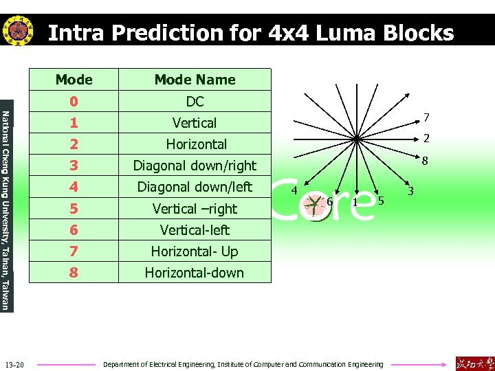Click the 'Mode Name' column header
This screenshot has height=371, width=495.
[195, 80]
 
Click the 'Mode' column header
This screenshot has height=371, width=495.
[74, 80]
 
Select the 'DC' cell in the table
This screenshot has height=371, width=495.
[195, 102]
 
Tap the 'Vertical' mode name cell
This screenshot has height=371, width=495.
[195, 123]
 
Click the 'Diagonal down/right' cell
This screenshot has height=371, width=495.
[195, 166]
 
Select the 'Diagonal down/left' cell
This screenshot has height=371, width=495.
[195, 187]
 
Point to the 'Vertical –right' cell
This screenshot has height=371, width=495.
[195, 209]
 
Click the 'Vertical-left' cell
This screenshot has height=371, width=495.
[195, 230]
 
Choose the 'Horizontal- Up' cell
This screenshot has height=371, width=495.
[195, 251]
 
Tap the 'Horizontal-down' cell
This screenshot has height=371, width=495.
[195, 273]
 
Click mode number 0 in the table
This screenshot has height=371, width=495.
[74, 102]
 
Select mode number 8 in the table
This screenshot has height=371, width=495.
[74, 273]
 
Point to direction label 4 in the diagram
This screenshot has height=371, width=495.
[294, 190]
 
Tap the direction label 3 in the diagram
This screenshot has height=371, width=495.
[410, 190]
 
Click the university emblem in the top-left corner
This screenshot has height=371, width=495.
[18, 31]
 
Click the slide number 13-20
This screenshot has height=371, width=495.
[14, 364]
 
